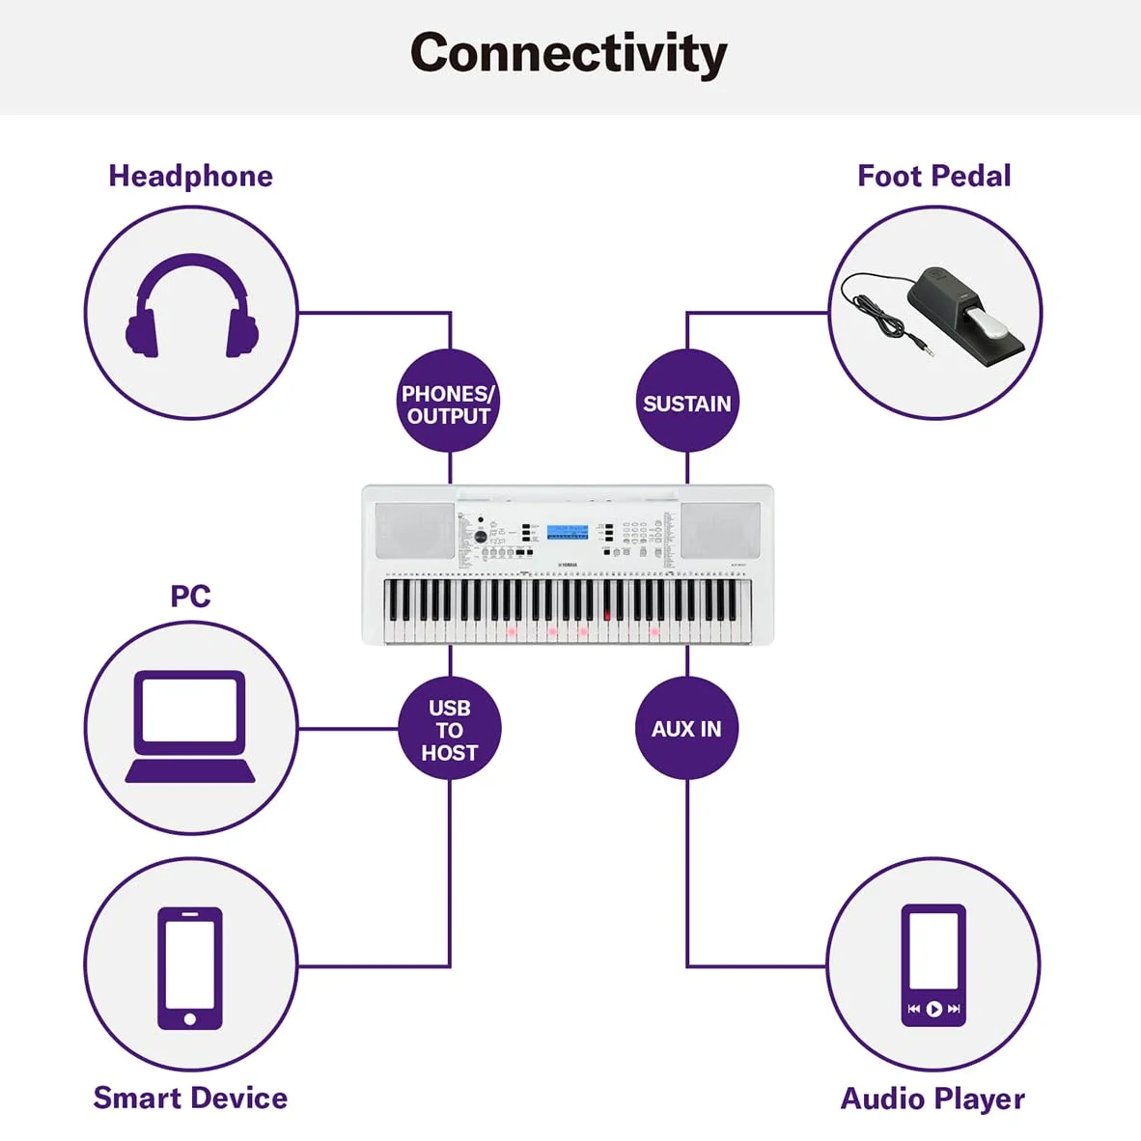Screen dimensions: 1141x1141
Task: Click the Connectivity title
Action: tap(569, 53)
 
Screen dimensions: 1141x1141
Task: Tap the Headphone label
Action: tap(191, 176)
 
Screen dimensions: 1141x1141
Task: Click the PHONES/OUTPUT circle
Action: tap(449, 401)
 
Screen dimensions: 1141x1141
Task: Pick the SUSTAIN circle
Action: tap(687, 401)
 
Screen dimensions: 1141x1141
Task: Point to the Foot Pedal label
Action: tap(934, 176)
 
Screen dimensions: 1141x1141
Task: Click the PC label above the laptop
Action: tap(191, 596)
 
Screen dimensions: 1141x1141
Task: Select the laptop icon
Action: tap(190, 726)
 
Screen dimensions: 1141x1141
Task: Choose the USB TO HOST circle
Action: tap(450, 729)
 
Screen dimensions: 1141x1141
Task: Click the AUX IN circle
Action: tap(687, 729)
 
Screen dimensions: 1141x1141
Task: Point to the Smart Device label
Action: tap(191, 1099)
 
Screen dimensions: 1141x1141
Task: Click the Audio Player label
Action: tap(932, 1099)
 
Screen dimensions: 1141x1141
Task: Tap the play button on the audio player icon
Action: tap(933, 1009)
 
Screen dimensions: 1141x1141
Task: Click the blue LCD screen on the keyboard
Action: tap(568, 532)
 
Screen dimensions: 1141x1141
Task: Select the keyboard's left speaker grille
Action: tap(415, 531)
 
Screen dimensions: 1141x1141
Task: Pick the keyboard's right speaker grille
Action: tap(720, 531)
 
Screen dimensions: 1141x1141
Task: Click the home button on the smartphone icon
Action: tap(190, 1018)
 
